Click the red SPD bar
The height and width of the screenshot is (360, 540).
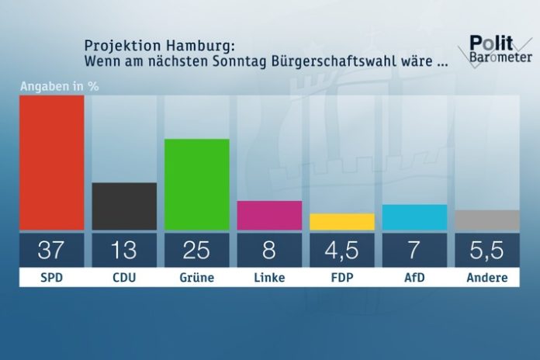pos(52,162)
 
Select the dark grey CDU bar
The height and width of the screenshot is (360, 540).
pos(124,206)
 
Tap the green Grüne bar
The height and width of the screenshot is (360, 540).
pos(197,184)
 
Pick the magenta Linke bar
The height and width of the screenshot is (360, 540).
pos(269,215)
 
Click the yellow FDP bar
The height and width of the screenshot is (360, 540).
pos(341,222)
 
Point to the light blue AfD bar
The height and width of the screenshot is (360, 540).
pos(414,217)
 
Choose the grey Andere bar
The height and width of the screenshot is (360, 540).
pos(486,220)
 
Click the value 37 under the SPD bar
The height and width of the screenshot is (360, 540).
pos(52,250)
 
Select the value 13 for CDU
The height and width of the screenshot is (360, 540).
pos(124,250)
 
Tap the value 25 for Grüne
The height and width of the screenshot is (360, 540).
pos(197,250)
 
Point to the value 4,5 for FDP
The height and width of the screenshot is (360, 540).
pos(341,250)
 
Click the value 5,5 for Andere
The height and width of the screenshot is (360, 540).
pos(486,250)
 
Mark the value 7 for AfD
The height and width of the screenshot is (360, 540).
pos(414,250)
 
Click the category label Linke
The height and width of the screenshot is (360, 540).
pos(269,278)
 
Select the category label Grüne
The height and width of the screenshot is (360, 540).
pos(197,278)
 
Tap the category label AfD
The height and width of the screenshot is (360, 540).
pos(414,278)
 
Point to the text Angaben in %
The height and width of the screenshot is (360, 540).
pos(59,85)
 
